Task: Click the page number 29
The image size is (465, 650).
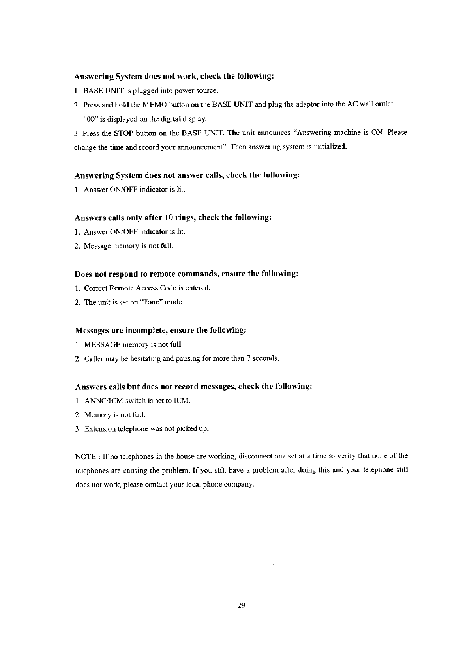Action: [x=241, y=606]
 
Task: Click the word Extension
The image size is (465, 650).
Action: [x=98, y=429]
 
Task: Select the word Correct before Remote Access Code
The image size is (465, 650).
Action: [x=96, y=288]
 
